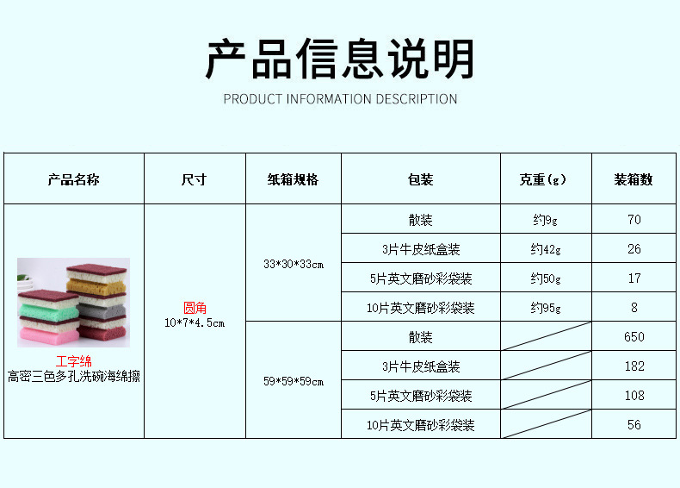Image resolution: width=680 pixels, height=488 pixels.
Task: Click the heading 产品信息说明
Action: point(340,59)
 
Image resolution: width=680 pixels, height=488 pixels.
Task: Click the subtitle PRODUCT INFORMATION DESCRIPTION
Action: point(340,98)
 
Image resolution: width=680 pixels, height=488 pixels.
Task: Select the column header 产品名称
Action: point(73,179)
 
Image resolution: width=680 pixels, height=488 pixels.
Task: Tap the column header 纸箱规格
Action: point(293,179)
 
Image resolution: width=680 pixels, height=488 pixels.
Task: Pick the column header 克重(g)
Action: point(546,179)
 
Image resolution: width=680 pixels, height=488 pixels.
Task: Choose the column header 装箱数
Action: point(634,179)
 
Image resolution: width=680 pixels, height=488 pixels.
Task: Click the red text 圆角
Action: point(195,308)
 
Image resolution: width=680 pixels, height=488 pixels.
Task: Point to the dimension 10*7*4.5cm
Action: point(195,322)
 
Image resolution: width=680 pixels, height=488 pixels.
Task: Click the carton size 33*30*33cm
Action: point(293,264)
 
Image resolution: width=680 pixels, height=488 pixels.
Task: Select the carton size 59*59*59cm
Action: point(293,381)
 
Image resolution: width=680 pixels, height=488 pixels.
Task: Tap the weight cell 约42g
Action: point(546,249)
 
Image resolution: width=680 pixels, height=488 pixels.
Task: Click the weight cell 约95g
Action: point(546,308)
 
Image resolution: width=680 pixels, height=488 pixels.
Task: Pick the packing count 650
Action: point(634,337)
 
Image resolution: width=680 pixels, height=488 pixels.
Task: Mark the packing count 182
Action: point(634,366)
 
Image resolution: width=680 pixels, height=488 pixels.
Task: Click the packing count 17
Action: point(634,278)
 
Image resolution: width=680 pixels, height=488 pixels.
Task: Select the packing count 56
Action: point(634,425)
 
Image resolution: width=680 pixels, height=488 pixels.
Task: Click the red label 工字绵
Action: point(73,361)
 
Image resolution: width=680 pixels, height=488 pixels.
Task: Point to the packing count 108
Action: point(634,396)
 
